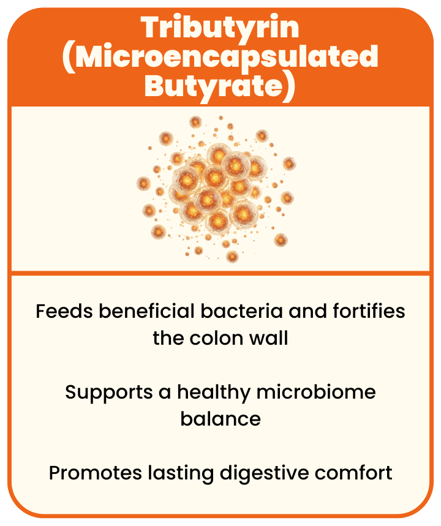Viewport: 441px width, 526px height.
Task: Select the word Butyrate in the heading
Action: coord(214,86)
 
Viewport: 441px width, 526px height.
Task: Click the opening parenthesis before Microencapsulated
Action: coord(69,58)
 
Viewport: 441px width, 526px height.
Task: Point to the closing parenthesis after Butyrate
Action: coord(290,87)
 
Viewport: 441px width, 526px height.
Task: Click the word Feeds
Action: coord(64,311)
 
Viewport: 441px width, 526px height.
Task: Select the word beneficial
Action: coord(146,311)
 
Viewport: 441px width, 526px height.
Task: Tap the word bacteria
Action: coord(242,311)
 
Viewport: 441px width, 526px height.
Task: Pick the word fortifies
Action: coord(369,311)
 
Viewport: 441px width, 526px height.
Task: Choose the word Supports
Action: coord(109,393)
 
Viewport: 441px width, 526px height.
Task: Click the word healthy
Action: coord(214,393)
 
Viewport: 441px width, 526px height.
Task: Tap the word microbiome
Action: coord(316,392)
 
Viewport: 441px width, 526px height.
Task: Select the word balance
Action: coord(221,419)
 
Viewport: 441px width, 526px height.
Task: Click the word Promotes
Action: coord(96,473)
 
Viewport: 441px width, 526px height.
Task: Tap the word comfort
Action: coord(353,473)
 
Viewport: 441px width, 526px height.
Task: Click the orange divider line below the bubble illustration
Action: coord(221,273)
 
